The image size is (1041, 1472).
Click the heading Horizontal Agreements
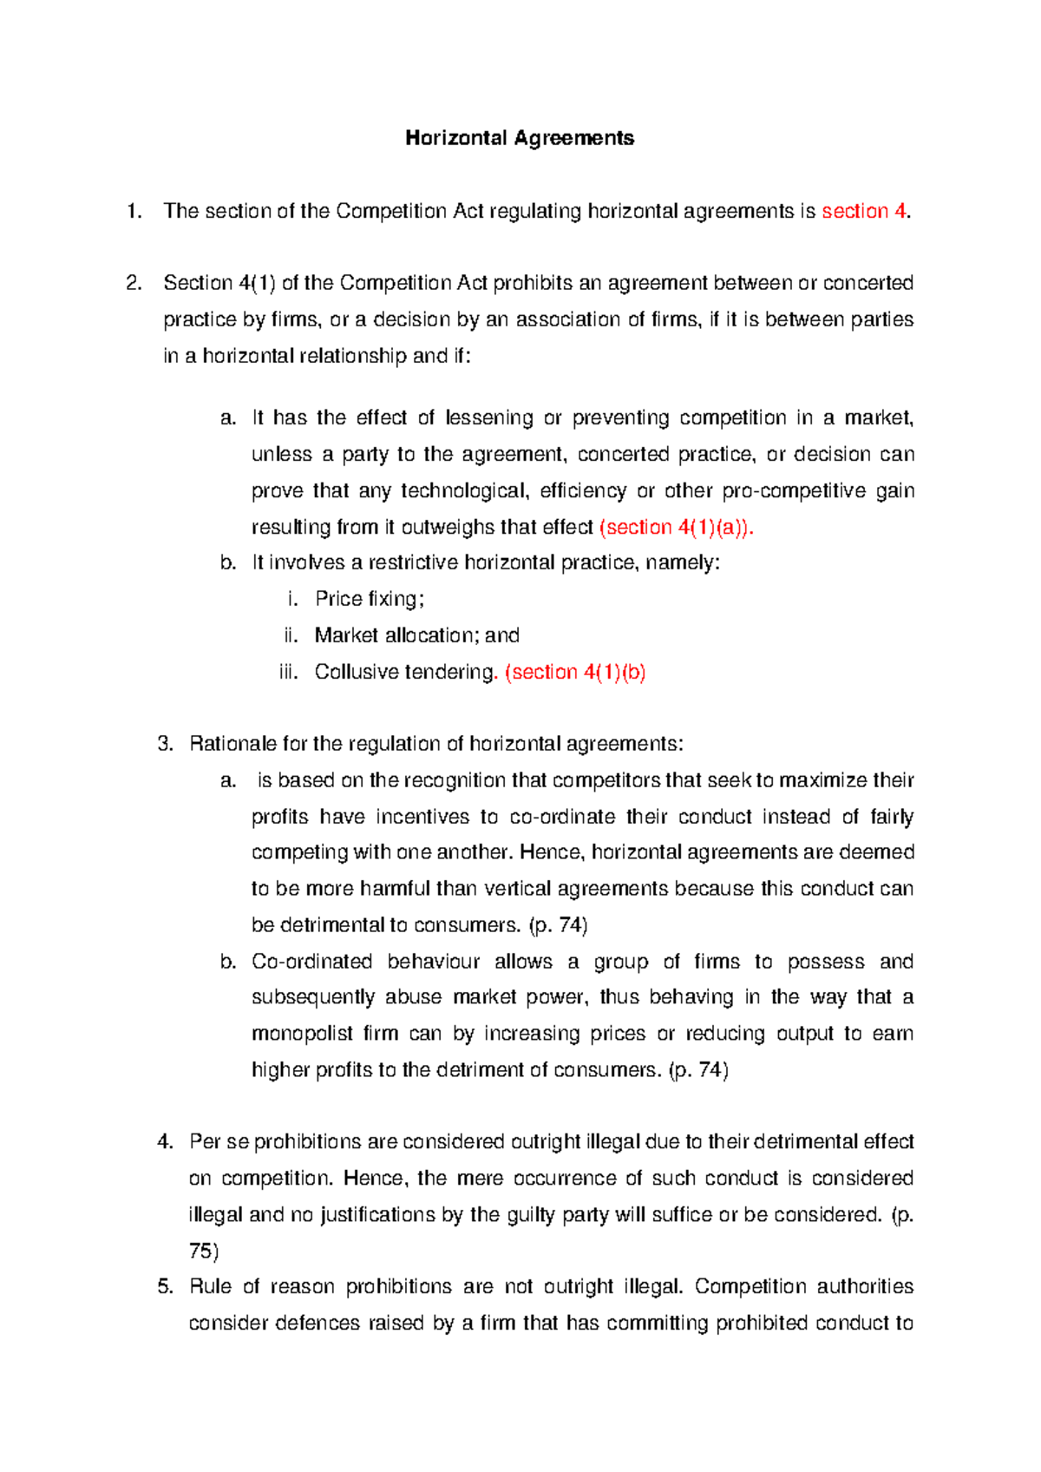tap(520, 138)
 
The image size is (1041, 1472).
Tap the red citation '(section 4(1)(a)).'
tap(677, 527)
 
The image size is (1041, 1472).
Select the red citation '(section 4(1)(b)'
tap(575, 672)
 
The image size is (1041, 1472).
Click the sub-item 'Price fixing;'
tap(370, 599)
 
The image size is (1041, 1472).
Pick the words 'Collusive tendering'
tap(404, 672)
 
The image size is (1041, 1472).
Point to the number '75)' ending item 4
tap(204, 1251)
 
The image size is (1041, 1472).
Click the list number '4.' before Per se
tap(165, 1141)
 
